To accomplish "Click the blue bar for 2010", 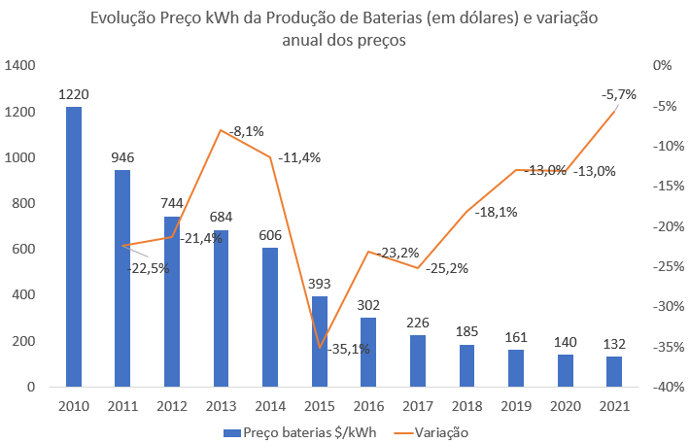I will click(x=73, y=247).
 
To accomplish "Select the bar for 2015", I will click(x=320, y=341).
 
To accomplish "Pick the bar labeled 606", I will click(x=270, y=317).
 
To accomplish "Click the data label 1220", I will click(x=74, y=95).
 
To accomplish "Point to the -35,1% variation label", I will click(x=349, y=349).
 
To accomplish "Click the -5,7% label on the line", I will click(x=618, y=94).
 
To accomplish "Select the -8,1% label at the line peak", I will click(x=247, y=131).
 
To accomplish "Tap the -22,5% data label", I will click(x=148, y=269).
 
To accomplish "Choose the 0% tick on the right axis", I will click(x=663, y=66).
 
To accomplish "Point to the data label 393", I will click(x=320, y=286).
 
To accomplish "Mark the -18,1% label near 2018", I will click(x=498, y=212).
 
